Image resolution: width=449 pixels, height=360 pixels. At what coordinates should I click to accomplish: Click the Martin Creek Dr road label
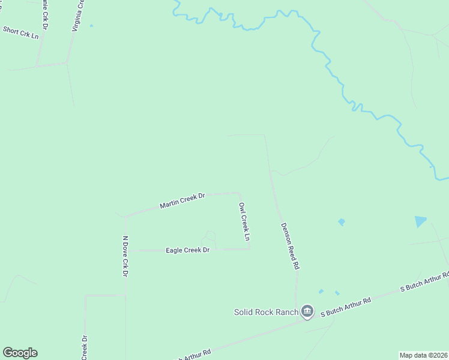coord(182,201)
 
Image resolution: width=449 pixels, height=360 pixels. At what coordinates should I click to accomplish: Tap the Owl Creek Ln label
coord(244,221)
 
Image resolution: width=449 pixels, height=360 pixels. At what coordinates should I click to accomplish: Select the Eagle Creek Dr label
coord(187,250)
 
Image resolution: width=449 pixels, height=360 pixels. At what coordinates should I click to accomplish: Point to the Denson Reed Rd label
coord(289,246)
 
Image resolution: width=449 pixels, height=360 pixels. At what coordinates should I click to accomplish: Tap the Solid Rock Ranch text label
coord(265,312)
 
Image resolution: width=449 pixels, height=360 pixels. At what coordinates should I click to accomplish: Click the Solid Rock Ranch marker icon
coord(307,311)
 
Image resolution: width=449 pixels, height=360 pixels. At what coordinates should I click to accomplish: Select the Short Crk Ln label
coord(20,31)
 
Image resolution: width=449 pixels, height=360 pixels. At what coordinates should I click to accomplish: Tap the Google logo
coord(20,353)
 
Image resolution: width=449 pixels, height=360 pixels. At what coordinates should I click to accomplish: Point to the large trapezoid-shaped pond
coord(420,221)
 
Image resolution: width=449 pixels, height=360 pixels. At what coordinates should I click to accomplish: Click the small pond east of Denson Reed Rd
coord(341,222)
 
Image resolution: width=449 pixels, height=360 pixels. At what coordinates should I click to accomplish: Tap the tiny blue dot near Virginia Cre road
coord(91,25)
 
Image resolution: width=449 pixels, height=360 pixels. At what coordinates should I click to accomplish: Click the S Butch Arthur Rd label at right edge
coord(425,283)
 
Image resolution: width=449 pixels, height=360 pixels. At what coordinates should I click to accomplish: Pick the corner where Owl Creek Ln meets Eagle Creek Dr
coord(249,249)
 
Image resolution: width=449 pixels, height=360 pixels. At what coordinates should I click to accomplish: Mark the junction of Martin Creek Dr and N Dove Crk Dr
coord(124,217)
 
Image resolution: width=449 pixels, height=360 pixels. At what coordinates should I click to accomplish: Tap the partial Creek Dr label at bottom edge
coord(85,347)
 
